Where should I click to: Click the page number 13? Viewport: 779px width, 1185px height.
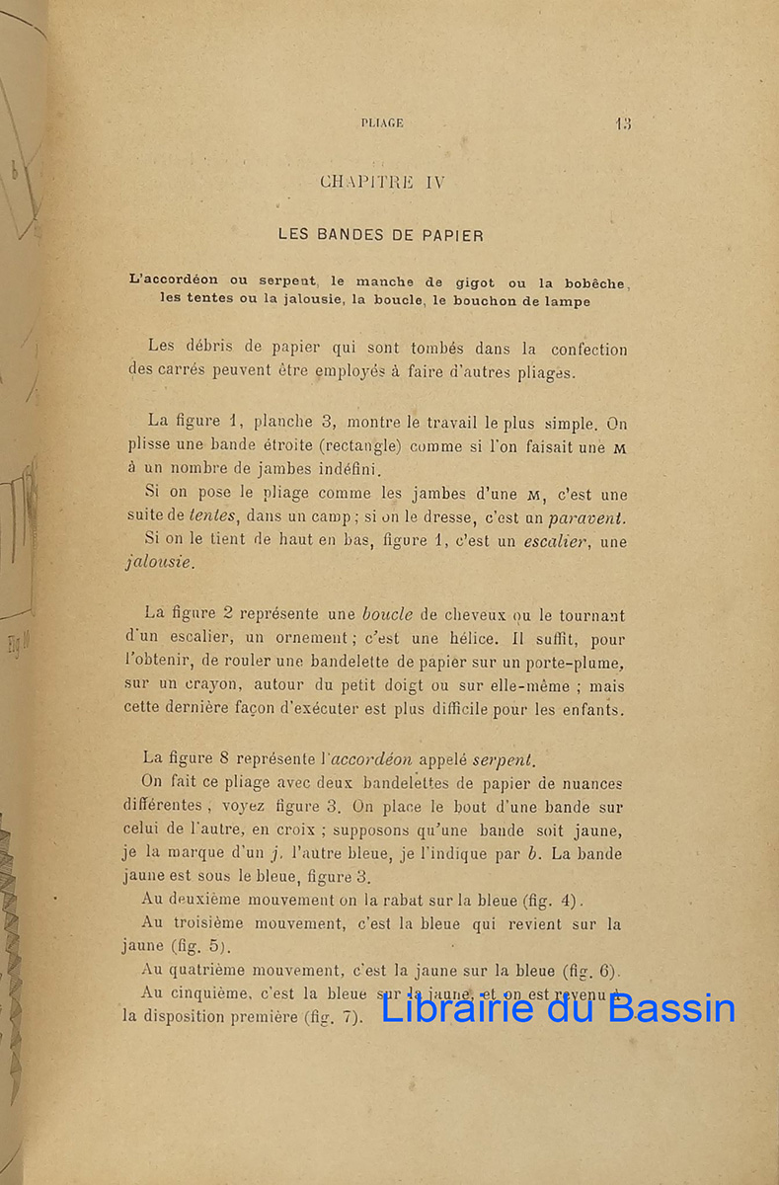coord(622,123)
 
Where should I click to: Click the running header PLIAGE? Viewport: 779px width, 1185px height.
coord(382,123)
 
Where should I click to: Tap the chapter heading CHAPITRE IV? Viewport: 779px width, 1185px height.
coord(383,182)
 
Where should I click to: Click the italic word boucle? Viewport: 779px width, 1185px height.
coord(386,613)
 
